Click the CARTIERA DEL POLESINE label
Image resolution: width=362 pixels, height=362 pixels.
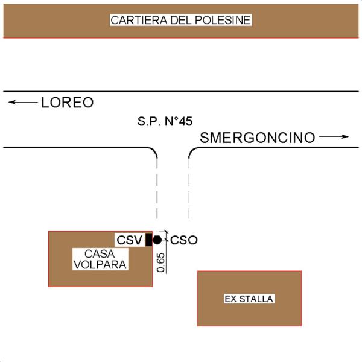pyautogui.click(x=180, y=20)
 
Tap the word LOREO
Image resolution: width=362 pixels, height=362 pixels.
pyautogui.click(x=68, y=103)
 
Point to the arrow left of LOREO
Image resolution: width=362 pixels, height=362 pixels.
pyautogui.click(x=23, y=102)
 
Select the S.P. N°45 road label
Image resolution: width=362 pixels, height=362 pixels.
pyautogui.click(x=165, y=121)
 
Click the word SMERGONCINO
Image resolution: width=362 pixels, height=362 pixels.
pyautogui.click(x=258, y=138)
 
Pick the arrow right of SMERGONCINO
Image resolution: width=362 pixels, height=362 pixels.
pyautogui.click(x=334, y=137)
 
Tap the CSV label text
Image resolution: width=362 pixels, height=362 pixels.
pyautogui.click(x=129, y=240)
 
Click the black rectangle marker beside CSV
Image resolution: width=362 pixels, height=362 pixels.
pyautogui.click(x=148, y=240)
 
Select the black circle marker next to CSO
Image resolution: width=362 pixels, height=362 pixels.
pyautogui.click(x=157, y=240)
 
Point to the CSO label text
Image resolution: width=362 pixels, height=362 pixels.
pyautogui.click(x=184, y=240)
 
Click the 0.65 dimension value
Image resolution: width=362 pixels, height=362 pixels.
pyautogui.click(x=160, y=262)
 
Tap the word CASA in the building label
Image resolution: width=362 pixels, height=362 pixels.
pyautogui.click(x=100, y=254)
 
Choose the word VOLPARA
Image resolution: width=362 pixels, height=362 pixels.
pyautogui.click(x=100, y=265)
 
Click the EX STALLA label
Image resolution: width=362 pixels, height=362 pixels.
pyautogui.click(x=249, y=299)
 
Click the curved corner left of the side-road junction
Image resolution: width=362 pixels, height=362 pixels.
pyautogui.click(x=154, y=150)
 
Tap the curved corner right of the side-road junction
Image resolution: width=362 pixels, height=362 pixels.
pyautogui.click(x=192, y=150)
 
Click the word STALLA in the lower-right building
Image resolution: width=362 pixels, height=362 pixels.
pyautogui.click(x=256, y=299)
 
